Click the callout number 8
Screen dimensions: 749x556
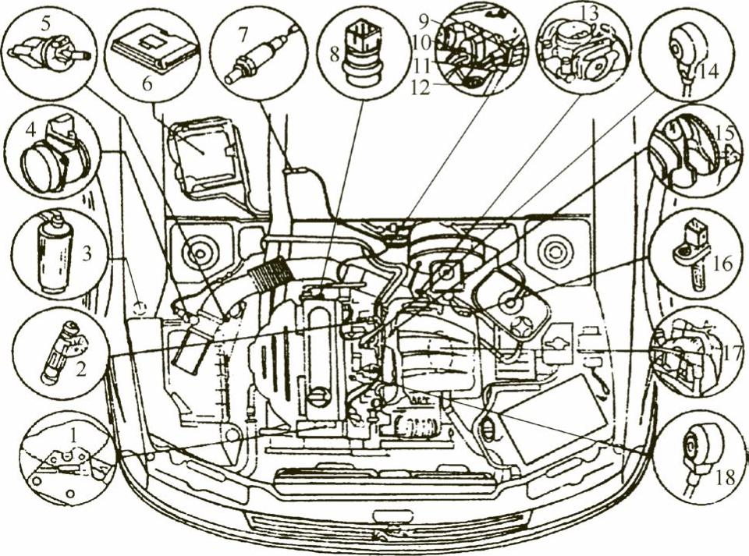pos(335,54)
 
